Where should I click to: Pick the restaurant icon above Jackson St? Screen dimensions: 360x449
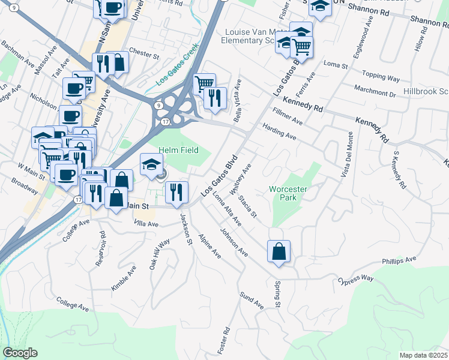click(x=176, y=192)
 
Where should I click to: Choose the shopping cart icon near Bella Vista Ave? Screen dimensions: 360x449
click(x=205, y=83)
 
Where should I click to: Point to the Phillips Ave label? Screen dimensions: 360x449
click(x=399, y=260)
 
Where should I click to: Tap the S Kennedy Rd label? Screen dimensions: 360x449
click(x=398, y=171)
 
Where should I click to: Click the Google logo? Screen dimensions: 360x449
click(x=19, y=353)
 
